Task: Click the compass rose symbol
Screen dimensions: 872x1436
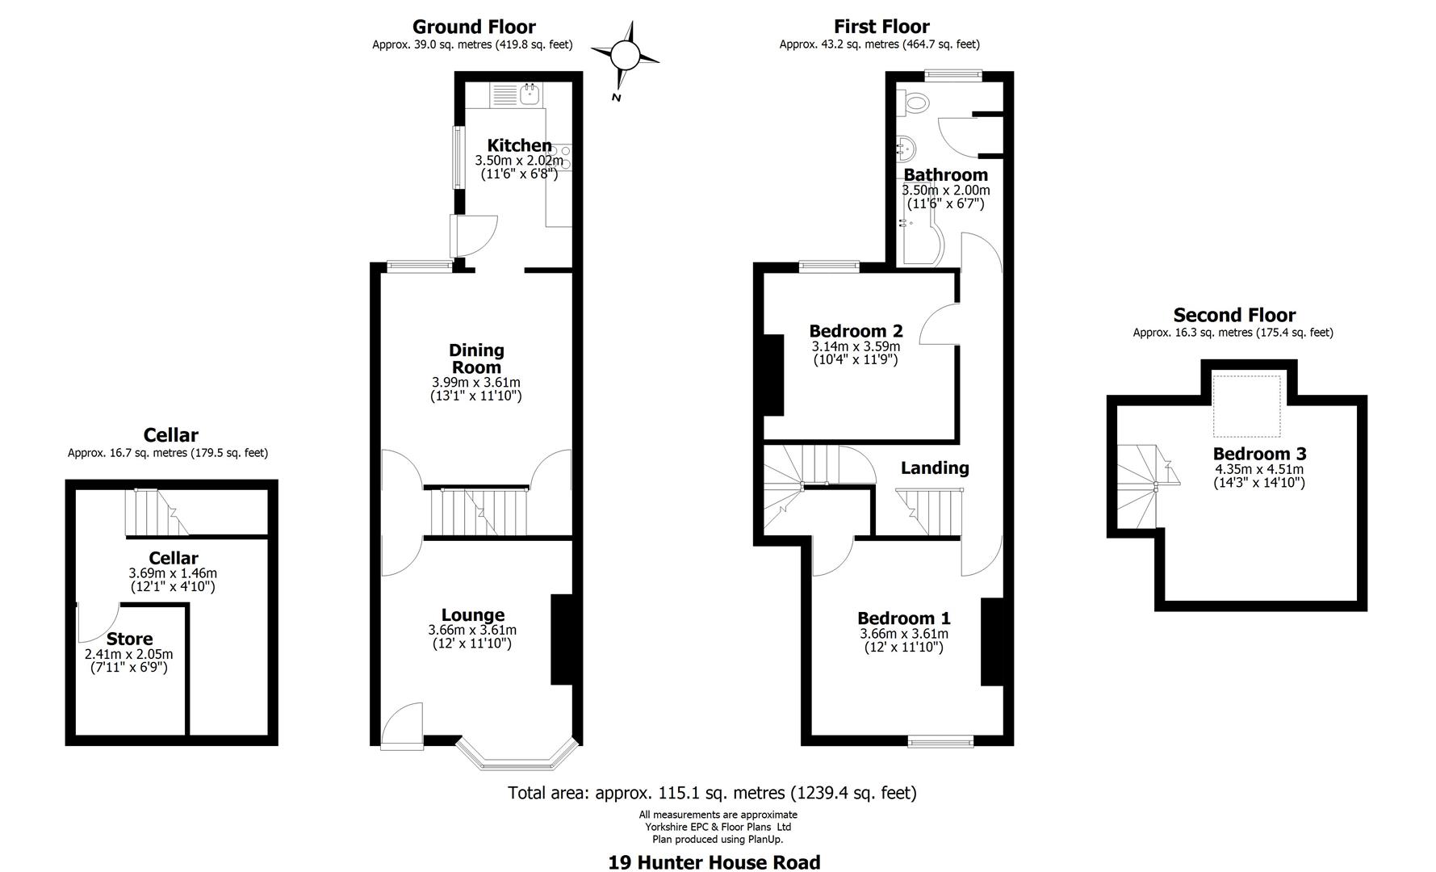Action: point(625,57)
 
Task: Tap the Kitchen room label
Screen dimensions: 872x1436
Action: point(519,146)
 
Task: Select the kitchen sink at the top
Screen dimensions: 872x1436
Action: point(530,94)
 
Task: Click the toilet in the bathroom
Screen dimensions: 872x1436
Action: point(915,102)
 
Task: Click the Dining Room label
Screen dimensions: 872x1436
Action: point(476,358)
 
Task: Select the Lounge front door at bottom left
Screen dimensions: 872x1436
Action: point(401,724)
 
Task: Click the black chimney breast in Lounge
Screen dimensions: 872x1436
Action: point(561,640)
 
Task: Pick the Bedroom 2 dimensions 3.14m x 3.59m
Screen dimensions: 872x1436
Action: point(856,346)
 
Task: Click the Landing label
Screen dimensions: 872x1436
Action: point(935,467)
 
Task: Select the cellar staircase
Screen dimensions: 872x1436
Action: point(156,513)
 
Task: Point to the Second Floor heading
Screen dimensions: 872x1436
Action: point(1233,315)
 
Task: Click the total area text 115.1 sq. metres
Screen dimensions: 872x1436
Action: point(712,793)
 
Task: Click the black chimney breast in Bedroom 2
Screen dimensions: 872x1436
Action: point(772,375)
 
